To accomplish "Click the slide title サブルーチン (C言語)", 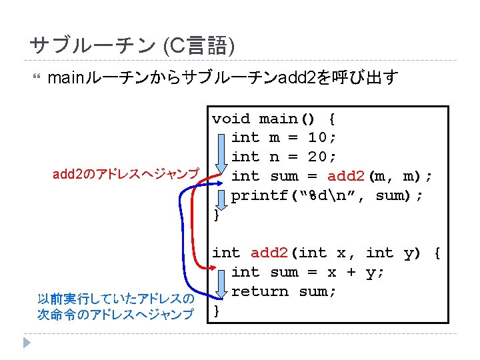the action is (132, 46).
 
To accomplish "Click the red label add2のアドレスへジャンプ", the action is (126, 174).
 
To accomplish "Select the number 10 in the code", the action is (317, 137).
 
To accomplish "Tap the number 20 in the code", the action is (317, 157).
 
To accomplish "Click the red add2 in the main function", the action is (346, 176).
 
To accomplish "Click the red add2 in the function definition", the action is (269, 253).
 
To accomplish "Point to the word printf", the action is (259, 196).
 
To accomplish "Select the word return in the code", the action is (260, 291).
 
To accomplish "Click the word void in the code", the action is (231, 119).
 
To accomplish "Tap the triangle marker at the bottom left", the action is (27, 343).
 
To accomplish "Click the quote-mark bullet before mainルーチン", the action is (37, 76).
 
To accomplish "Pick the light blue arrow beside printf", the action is (221, 200).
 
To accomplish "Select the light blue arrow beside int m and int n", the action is (221, 154).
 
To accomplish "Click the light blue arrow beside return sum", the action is (221, 284).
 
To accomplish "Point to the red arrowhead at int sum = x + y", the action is (213, 268).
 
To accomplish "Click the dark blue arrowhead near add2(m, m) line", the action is (219, 183).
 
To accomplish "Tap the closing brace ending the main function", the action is (217, 215).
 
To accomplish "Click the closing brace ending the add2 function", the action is (217, 311).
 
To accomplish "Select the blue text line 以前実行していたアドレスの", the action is (116, 299).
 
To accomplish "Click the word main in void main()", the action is (278, 119).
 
